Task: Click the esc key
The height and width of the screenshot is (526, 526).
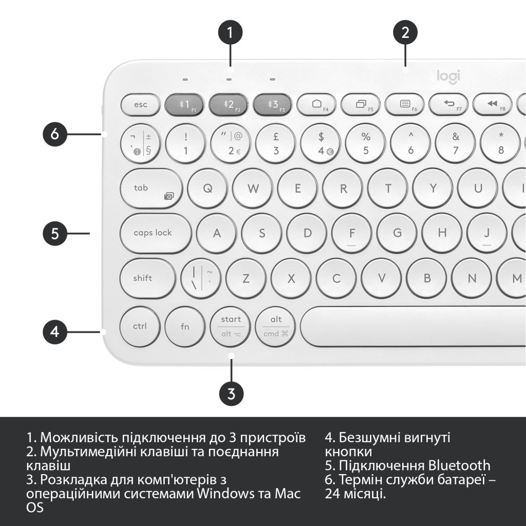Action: pyautogui.click(x=140, y=105)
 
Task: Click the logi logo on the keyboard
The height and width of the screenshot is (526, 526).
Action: pyautogui.click(x=448, y=76)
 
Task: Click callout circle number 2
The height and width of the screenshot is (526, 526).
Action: pyautogui.click(x=405, y=33)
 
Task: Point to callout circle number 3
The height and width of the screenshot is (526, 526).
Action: pyautogui.click(x=231, y=394)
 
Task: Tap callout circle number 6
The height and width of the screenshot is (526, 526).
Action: pyautogui.click(x=55, y=135)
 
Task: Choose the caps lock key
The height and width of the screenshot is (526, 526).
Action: pyautogui.click(x=153, y=233)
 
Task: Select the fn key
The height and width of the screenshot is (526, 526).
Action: pyautogui.click(x=185, y=326)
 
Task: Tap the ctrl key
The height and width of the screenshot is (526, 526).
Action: pyautogui.click(x=140, y=326)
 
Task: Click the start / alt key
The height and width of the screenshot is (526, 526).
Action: pyautogui.click(x=231, y=327)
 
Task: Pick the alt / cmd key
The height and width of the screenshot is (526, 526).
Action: pyautogui.click(x=276, y=327)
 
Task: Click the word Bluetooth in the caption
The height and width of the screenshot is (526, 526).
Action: pyautogui.click(x=458, y=466)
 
